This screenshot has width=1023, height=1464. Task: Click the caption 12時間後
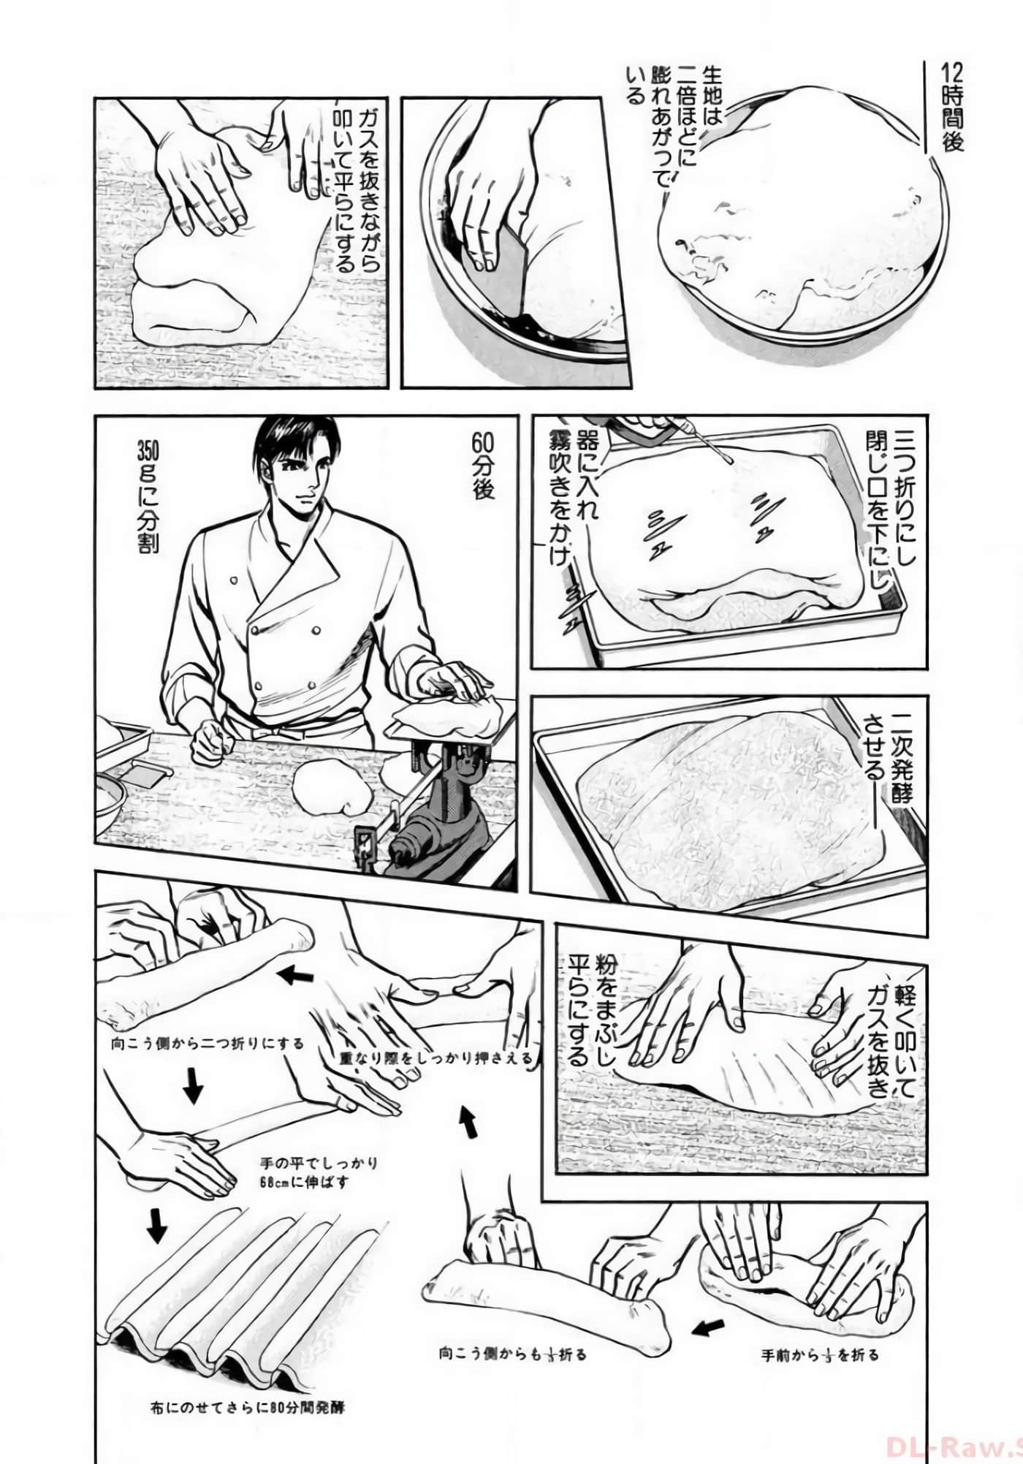pyautogui.click(x=952, y=107)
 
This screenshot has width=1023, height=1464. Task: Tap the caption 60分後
pyautogui.click(x=483, y=466)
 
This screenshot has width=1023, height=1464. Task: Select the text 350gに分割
pyautogui.click(x=148, y=496)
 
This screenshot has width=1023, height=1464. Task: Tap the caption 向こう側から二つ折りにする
pyautogui.click(x=208, y=1043)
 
